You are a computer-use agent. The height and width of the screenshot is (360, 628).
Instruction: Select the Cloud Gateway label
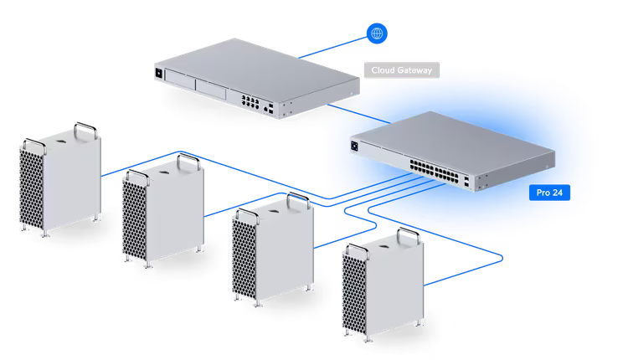[401, 71]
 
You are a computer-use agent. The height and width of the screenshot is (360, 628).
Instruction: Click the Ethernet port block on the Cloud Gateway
[250, 104]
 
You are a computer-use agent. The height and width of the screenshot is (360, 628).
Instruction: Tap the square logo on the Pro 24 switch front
[355, 148]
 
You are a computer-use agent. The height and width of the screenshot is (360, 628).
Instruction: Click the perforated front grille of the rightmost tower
[352, 293]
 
